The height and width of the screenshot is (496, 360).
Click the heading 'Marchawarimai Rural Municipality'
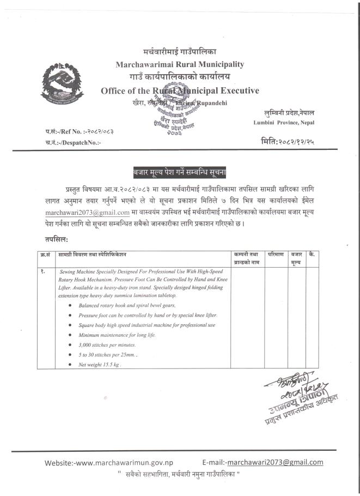[x=180, y=64]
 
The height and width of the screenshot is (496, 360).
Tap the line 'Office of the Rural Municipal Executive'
[x=180, y=90]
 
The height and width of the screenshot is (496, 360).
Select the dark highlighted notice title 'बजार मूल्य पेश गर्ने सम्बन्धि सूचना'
[x=180, y=171]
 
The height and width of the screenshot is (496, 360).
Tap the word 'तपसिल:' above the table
[x=57, y=239]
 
